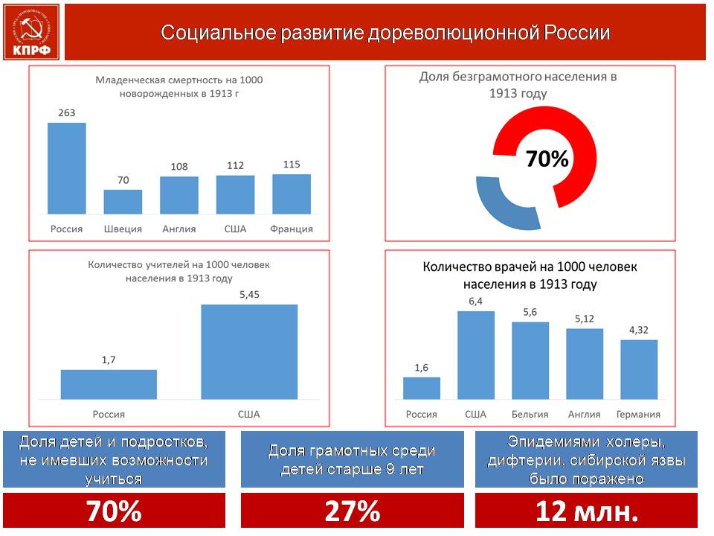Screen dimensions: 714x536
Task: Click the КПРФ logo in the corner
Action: (31, 32)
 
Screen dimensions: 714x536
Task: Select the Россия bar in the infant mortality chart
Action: (66, 168)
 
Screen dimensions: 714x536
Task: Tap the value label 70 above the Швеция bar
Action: (123, 180)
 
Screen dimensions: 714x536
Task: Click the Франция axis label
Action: (292, 229)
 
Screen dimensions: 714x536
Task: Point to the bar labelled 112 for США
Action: (236, 194)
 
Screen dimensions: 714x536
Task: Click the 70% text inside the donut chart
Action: (547, 159)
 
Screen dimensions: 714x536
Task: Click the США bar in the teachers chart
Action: (249, 352)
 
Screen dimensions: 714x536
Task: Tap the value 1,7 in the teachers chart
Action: (109, 360)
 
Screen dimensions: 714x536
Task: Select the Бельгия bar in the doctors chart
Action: (530, 360)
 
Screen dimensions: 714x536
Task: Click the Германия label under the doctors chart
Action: (638, 415)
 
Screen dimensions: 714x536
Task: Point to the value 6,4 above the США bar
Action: (475, 301)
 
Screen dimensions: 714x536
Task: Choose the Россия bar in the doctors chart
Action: (422, 389)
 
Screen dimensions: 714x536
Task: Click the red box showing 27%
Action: (352, 511)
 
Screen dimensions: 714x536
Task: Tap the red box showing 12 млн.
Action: (587, 511)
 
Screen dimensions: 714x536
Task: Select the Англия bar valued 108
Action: (179, 195)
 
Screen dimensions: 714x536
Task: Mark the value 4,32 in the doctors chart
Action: (638, 330)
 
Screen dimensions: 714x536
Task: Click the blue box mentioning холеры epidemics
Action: (587, 459)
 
